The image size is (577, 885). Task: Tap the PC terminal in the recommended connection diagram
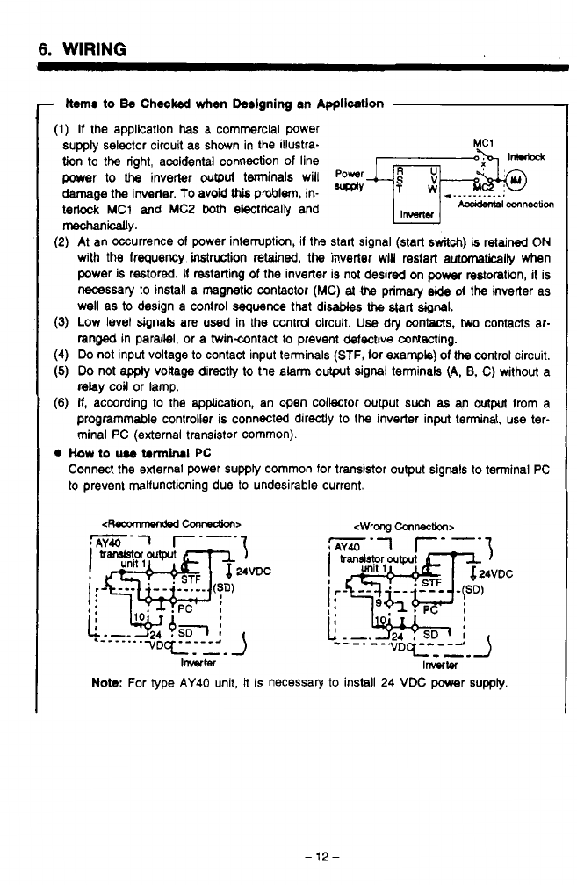(186, 606)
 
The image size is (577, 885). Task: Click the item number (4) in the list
(61, 356)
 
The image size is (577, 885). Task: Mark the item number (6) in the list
(61, 403)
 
